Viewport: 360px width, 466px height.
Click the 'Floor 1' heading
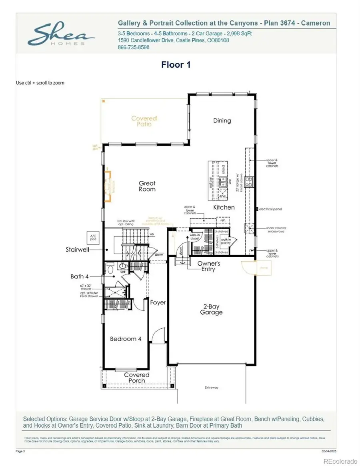[x=176, y=64]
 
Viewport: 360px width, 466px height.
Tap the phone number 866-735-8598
[x=134, y=47]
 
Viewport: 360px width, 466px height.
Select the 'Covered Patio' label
[x=144, y=121]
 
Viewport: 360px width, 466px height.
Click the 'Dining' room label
[x=222, y=120]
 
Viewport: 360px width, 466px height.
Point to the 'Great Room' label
[x=147, y=186]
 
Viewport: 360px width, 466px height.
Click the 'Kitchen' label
[x=224, y=207]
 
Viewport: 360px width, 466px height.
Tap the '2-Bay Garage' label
[x=211, y=309]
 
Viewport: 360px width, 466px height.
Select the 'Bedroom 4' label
[x=126, y=339]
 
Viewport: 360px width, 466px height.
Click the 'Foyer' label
[x=158, y=302]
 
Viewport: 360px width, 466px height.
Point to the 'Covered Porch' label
[x=136, y=378]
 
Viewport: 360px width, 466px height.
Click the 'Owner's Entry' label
[x=208, y=266]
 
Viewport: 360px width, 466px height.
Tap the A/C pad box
[x=93, y=237]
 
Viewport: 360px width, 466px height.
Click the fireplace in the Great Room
[x=108, y=186]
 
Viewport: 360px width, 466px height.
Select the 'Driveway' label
[x=211, y=388]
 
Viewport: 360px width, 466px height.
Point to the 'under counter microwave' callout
[x=276, y=230]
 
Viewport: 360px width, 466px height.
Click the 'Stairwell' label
[x=77, y=249]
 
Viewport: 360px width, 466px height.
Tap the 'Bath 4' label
[x=80, y=276]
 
